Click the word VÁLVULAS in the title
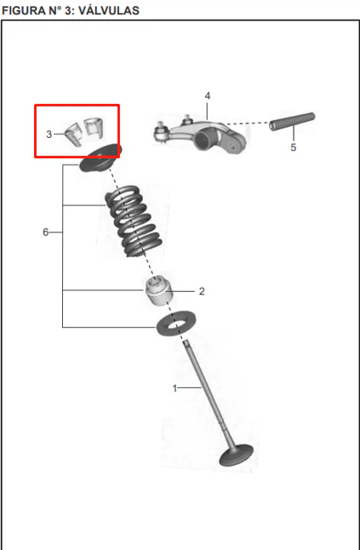click(x=109, y=10)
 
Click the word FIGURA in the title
click(x=24, y=10)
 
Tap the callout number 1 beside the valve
click(x=175, y=388)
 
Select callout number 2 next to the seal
click(x=202, y=291)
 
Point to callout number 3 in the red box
click(x=49, y=134)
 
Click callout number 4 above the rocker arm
click(x=208, y=95)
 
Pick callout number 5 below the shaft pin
click(x=294, y=147)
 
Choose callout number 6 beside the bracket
click(x=46, y=232)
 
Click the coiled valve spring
click(x=134, y=221)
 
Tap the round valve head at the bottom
click(x=236, y=455)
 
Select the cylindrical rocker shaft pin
click(x=292, y=121)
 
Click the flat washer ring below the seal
click(x=176, y=324)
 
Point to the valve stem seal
click(x=159, y=290)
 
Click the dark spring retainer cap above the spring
click(x=100, y=158)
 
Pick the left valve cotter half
click(x=74, y=135)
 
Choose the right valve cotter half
click(x=94, y=127)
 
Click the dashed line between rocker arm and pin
click(x=248, y=123)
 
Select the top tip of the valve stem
click(x=186, y=341)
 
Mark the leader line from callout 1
click(x=190, y=387)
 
